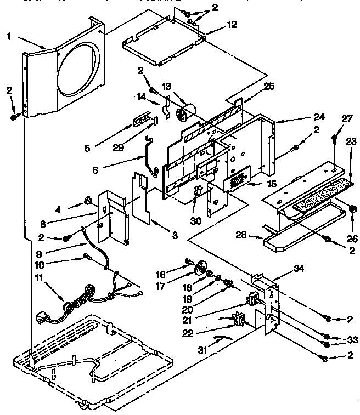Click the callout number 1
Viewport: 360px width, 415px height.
point(9,36)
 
